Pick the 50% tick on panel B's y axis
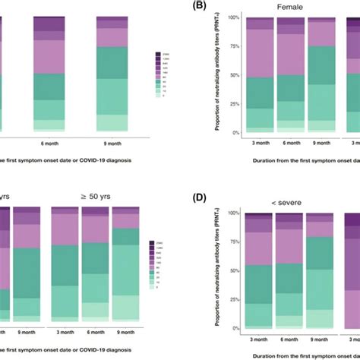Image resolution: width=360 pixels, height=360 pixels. click(x=234, y=74)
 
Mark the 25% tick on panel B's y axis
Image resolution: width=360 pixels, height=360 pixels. click(x=234, y=103)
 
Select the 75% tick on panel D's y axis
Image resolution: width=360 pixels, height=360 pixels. click(x=234, y=242)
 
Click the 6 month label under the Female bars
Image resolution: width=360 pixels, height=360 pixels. click(x=290, y=141)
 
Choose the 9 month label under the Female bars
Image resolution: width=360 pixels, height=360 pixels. click(x=322, y=141)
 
